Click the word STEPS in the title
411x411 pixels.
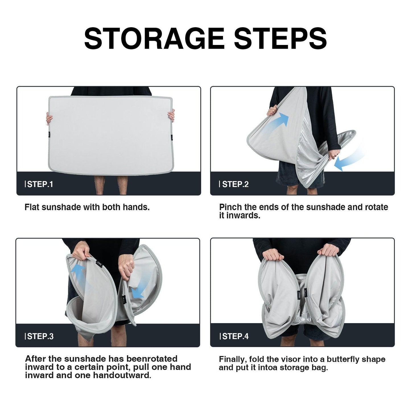click(280, 38)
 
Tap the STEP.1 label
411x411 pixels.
click(39, 184)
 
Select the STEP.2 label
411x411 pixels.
click(234, 184)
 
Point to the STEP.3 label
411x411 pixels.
click(39, 336)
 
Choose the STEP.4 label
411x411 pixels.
click(234, 336)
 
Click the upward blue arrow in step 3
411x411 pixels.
click(82, 277)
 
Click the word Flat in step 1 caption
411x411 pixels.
click(32, 207)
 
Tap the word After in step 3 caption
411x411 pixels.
click(36, 359)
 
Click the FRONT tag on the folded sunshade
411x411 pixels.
click(299, 296)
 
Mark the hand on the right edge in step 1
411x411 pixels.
click(171, 115)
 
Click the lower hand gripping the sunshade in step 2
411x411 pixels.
click(334, 154)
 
